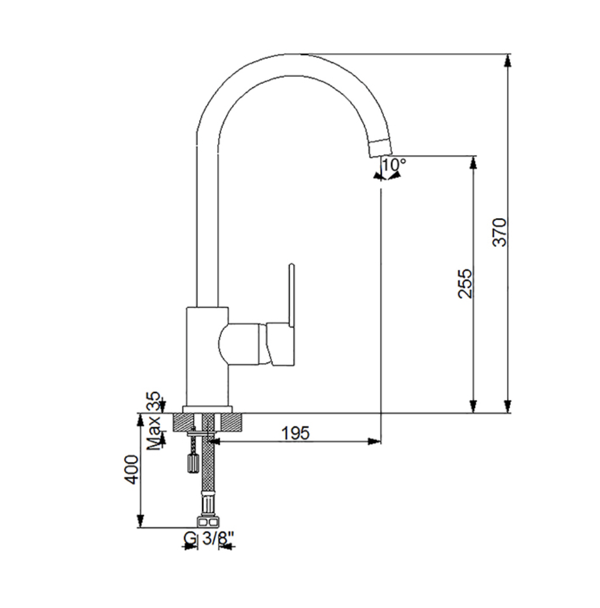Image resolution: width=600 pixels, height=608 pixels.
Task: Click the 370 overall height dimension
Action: click(499, 232)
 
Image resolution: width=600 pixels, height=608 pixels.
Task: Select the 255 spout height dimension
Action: click(465, 283)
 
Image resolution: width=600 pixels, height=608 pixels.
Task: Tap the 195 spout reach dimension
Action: click(296, 433)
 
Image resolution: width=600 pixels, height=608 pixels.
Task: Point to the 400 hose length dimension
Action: click(131, 469)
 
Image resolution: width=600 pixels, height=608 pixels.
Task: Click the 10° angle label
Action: click(394, 165)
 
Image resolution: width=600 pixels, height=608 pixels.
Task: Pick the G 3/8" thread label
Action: click(209, 538)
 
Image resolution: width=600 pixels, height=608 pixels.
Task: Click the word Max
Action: click(154, 433)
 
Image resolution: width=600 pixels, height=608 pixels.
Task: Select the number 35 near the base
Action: click(154, 401)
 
